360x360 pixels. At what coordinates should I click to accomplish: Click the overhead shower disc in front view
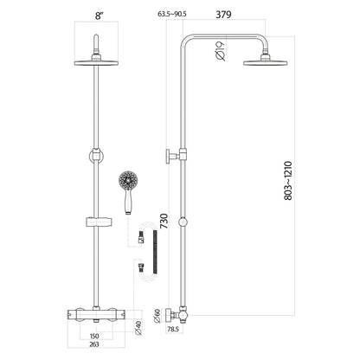tap(100, 59)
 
